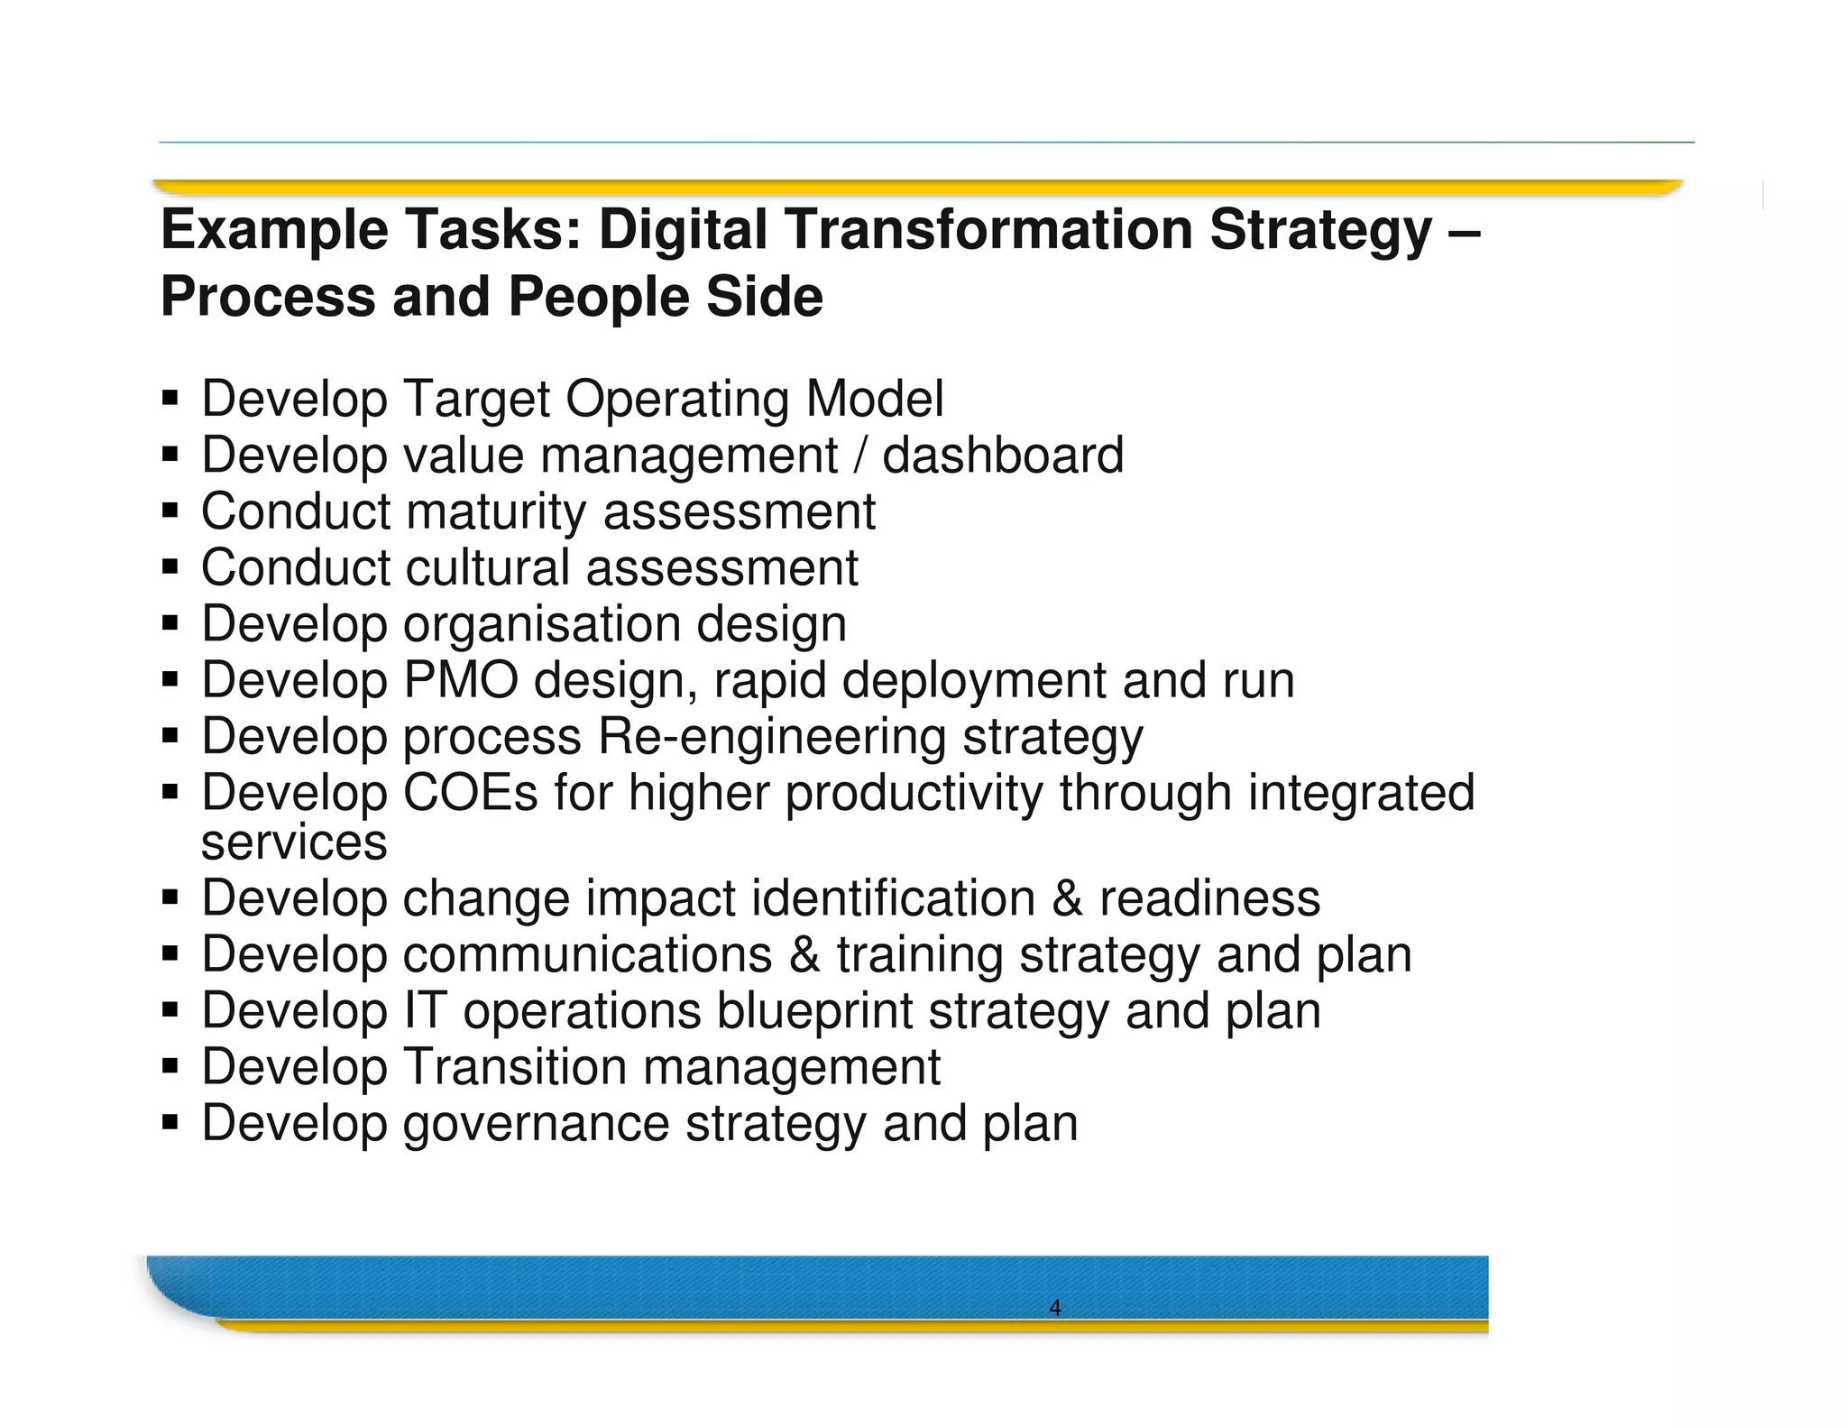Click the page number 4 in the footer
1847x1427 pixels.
[x=1054, y=1307]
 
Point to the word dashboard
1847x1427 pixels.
[x=1002, y=455]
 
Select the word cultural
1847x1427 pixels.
[x=487, y=567]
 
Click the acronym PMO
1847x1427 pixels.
[x=460, y=679]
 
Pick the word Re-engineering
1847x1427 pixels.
[x=771, y=736]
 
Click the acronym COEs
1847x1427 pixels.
[x=470, y=793]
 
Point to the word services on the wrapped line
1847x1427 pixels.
[x=294, y=842]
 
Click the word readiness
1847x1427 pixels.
[x=1208, y=898]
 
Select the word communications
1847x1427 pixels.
[x=587, y=954]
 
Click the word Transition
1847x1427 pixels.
[x=514, y=1066]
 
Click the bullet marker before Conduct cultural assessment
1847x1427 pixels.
[x=170, y=568]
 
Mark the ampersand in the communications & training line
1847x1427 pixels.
[x=804, y=954]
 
